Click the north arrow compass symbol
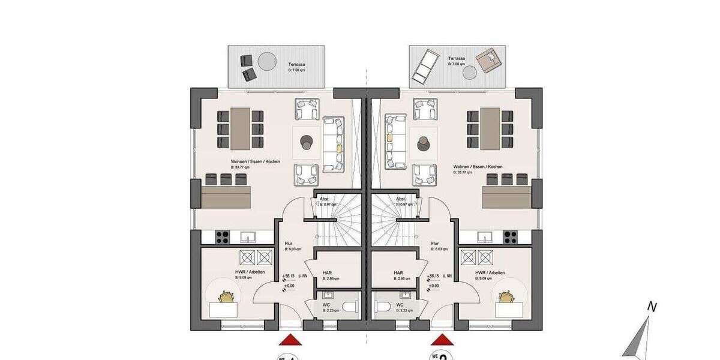pos(641,336)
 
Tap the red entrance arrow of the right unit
pos(442,340)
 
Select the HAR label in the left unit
pos(327,272)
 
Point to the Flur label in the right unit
pos(435,244)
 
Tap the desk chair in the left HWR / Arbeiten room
pos(226,296)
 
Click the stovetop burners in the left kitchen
pos(221,237)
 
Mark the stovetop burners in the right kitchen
pos(511,237)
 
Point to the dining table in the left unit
pos(241,128)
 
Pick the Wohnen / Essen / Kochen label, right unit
pos(478,167)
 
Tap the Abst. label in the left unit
pos(325,199)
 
